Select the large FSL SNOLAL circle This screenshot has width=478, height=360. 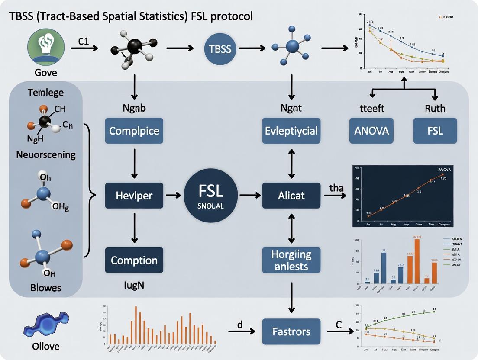[x=211, y=196]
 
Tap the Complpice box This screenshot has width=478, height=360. [x=134, y=131]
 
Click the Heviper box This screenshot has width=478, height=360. [x=134, y=196]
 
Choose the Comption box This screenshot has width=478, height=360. [x=134, y=260]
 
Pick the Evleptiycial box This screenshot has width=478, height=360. [x=291, y=131]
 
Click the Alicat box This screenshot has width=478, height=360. [x=291, y=196]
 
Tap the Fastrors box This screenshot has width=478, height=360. [x=291, y=332]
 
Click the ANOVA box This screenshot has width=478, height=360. [x=372, y=131]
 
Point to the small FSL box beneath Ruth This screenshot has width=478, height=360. [x=435, y=131]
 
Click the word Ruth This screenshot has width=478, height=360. [x=435, y=109]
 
